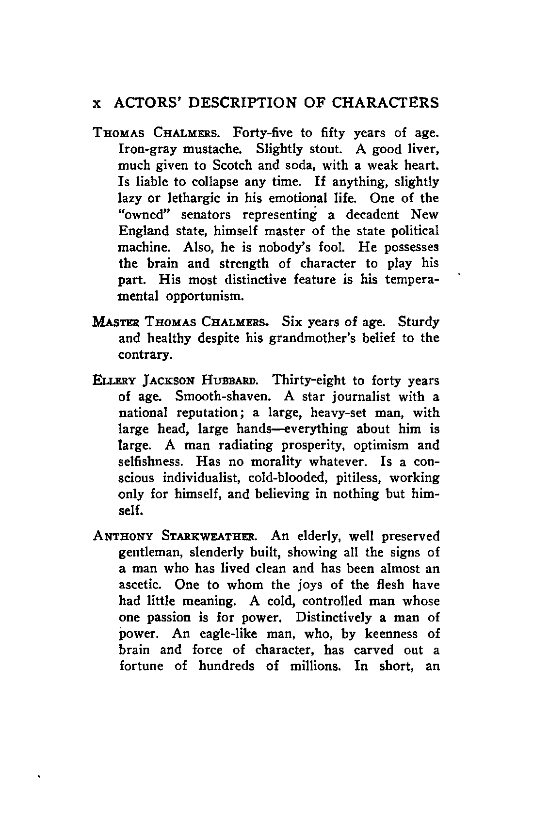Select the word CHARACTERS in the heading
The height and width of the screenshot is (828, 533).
click(x=385, y=103)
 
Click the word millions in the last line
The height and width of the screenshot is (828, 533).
click(x=313, y=666)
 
